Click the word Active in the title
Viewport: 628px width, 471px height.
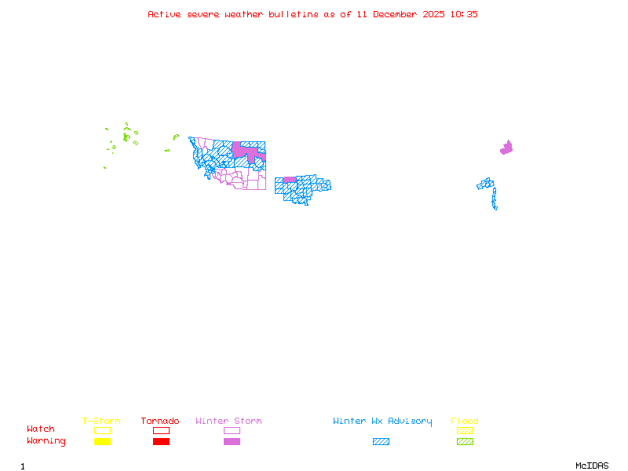pyautogui.click(x=162, y=14)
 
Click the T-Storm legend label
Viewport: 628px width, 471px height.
pyautogui.click(x=101, y=421)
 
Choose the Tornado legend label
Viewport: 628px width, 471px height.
pyautogui.click(x=160, y=421)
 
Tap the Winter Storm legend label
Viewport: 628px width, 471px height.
pyautogui.click(x=228, y=421)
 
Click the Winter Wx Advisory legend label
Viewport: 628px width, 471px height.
pyautogui.click(x=382, y=421)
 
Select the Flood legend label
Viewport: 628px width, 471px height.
pyautogui.click(x=465, y=421)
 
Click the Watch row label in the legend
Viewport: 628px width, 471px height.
pyautogui.click(x=41, y=429)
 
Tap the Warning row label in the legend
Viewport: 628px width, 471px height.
pyautogui.click(x=46, y=441)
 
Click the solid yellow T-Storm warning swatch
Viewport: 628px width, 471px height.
pyautogui.click(x=102, y=442)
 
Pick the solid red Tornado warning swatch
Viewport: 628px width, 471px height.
pyautogui.click(x=161, y=442)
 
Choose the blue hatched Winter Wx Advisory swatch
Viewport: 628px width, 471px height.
pyautogui.click(x=381, y=442)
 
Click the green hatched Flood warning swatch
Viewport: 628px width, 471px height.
pyautogui.click(x=465, y=442)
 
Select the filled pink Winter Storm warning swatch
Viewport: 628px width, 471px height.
pyautogui.click(x=232, y=442)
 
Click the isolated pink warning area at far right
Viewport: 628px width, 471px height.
pyautogui.click(x=506, y=148)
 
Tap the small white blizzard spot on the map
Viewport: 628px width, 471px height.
pyautogui.click(x=498, y=208)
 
